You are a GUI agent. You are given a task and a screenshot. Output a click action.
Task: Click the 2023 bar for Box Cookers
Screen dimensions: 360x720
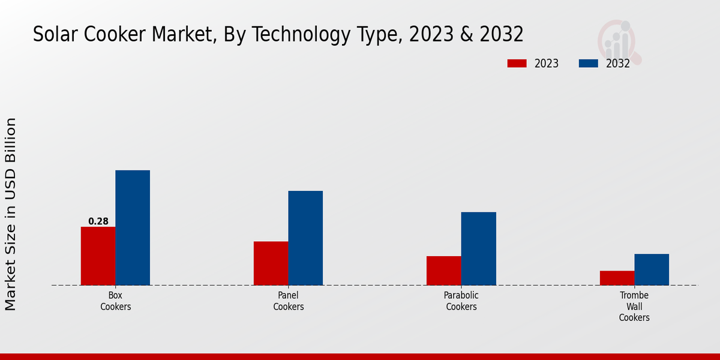click(x=98, y=256)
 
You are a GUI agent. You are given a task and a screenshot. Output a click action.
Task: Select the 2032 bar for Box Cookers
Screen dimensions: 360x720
click(x=133, y=227)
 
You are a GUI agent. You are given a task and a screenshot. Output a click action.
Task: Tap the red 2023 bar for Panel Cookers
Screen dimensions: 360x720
click(x=271, y=263)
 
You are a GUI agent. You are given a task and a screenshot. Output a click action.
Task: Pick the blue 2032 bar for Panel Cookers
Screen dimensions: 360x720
click(x=305, y=238)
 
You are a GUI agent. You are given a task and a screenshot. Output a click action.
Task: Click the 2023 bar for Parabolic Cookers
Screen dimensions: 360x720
click(x=444, y=271)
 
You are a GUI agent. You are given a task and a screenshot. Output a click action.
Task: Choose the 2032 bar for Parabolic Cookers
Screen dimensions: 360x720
click(x=478, y=248)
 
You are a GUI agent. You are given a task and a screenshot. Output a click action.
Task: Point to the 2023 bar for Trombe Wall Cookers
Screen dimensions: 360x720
click(x=617, y=278)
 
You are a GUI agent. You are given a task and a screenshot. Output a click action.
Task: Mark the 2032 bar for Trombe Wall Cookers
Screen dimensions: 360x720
click(x=652, y=269)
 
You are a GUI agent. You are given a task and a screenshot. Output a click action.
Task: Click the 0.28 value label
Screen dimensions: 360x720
click(x=98, y=221)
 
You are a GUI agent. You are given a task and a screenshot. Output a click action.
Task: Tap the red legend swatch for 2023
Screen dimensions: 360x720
click(x=517, y=64)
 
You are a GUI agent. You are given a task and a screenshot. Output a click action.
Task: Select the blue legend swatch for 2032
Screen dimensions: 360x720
click(x=589, y=64)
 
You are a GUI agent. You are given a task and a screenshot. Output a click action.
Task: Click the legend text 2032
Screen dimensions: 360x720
click(x=618, y=64)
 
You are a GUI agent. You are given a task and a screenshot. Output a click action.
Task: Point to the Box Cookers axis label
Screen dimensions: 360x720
click(x=116, y=301)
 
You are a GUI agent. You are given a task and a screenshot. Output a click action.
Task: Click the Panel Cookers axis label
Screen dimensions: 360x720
click(x=289, y=301)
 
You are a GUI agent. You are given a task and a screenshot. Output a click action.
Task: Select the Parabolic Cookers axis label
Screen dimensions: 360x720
click(x=461, y=301)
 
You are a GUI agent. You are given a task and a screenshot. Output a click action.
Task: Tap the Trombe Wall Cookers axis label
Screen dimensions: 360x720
click(x=634, y=306)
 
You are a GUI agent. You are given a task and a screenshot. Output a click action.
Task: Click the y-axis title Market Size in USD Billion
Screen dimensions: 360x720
click(x=11, y=214)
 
